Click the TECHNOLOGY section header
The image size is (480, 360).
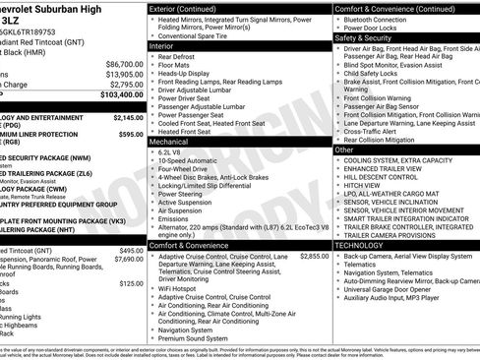pos(364,244)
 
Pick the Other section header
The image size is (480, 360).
pos(343,150)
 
